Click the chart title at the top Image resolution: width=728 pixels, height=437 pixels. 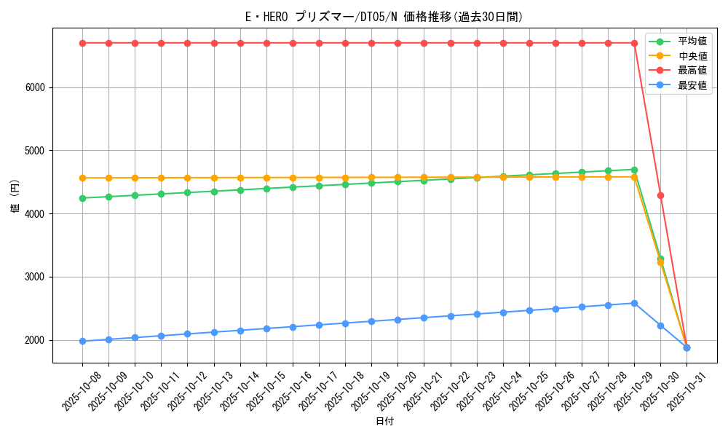pos(384,17)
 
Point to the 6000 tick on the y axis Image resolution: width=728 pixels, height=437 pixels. pos(36,87)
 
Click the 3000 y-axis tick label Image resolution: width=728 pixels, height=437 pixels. pos(36,277)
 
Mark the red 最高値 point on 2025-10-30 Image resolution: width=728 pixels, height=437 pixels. pos(660,195)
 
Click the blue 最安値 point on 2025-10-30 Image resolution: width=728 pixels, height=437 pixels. pos(660,326)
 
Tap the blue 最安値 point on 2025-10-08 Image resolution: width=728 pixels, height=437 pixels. pos(82,341)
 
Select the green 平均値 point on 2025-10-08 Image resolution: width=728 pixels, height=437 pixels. pos(82,198)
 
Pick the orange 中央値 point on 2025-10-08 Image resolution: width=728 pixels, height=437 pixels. pos(82,178)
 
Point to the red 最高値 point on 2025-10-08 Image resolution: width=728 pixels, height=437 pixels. pos(82,43)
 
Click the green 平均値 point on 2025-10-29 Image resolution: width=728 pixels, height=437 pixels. pos(634,170)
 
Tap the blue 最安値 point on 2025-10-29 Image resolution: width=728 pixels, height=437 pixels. pos(634,303)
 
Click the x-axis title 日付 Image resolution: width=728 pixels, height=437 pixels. pos(384,422)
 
